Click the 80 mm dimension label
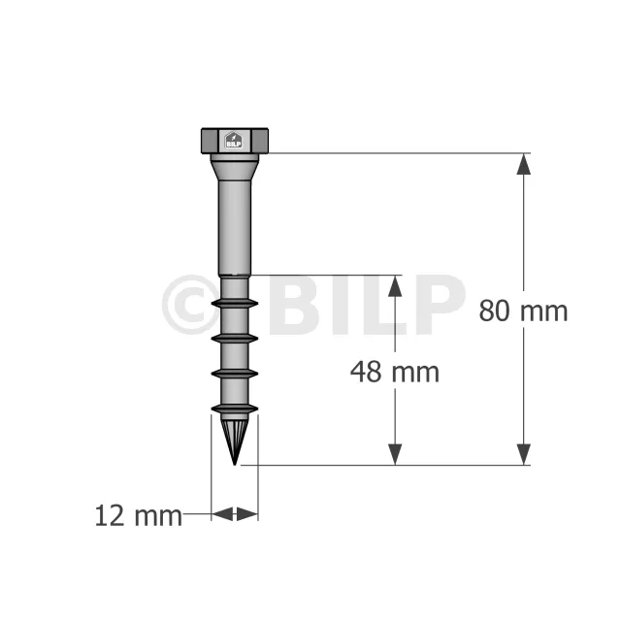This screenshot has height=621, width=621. coord(523,311)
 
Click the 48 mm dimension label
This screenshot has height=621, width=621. coord(395,373)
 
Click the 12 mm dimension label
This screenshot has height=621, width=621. coord(138,516)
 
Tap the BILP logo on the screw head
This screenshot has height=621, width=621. coord(234,140)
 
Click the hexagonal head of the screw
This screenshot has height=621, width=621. coord(235,141)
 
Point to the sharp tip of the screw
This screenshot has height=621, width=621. coord(235,464)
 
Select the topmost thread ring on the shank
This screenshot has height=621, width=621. coord(235,304)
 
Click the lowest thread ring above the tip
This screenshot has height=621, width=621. coord(235,409)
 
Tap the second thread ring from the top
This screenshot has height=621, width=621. coord(235,339)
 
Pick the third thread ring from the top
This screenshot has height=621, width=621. coord(235,374)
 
